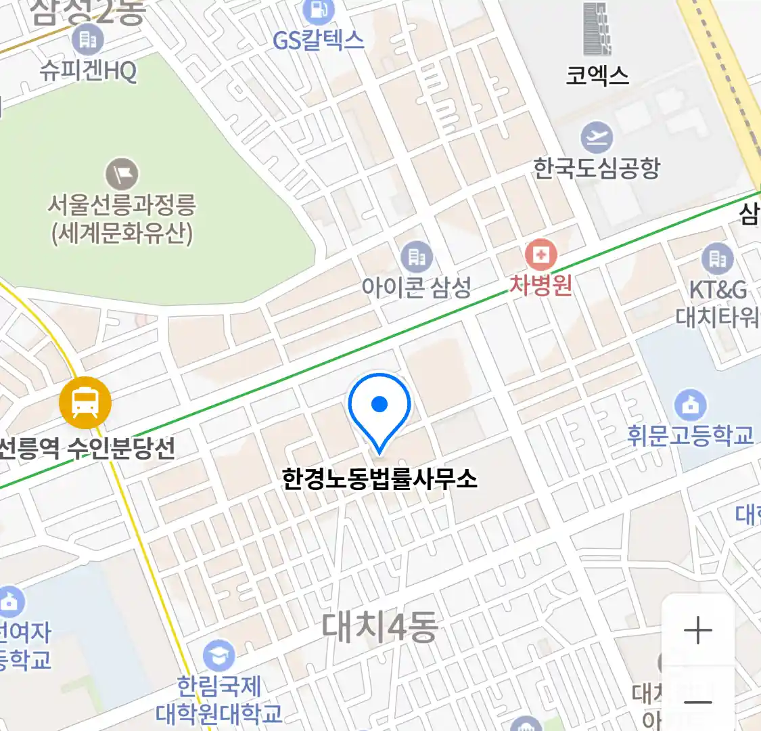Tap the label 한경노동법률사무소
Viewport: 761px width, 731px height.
(x=379, y=479)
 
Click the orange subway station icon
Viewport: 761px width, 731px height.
(x=85, y=403)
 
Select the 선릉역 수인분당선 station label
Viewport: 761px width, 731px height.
(x=87, y=447)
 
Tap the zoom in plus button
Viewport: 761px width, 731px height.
(x=697, y=631)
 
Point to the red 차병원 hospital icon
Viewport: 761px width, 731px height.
(x=540, y=255)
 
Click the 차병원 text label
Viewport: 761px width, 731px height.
(x=540, y=284)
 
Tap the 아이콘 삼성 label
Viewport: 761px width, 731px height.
(x=416, y=288)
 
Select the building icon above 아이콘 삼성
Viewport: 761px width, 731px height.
(x=417, y=257)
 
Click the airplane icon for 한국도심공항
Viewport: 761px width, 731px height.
(x=597, y=138)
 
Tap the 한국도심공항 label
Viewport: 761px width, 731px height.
(x=597, y=168)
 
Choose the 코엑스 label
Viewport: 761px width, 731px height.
(x=597, y=75)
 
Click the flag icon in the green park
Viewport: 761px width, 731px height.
(x=122, y=174)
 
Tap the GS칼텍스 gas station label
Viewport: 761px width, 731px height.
(x=318, y=41)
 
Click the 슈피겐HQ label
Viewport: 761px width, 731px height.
(x=88, y=70)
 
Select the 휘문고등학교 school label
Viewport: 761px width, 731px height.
(x=690, y=435)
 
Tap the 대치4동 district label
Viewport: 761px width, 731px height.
(x=379, y=627)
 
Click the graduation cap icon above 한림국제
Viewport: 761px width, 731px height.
(x=219, y=655)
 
